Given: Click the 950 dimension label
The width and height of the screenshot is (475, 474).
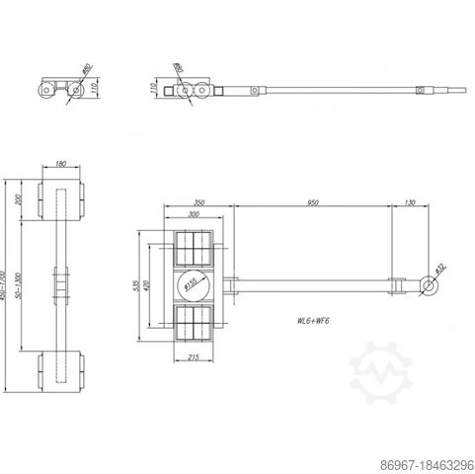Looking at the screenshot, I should point(313,202).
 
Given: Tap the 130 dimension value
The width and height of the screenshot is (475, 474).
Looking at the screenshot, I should point(410,202).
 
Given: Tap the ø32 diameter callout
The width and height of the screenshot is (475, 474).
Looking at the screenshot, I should point(440,268).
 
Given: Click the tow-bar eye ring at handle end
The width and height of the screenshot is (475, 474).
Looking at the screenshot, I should point(426,286).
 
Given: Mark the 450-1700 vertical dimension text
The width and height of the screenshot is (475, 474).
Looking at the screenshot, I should point(6,286).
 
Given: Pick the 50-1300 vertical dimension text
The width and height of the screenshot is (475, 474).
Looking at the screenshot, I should point(19,286).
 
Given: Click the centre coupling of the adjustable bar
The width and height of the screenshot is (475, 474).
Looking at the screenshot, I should point(61,284).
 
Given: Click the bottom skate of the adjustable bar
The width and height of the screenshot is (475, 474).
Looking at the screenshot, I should point(61,369).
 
